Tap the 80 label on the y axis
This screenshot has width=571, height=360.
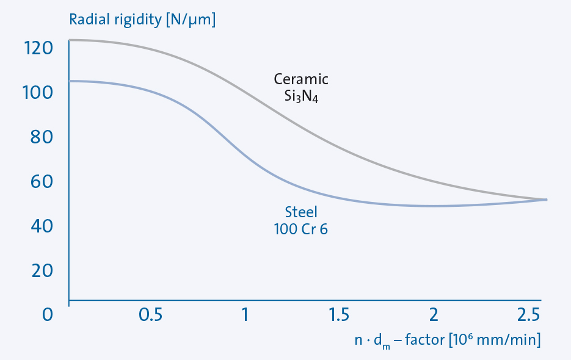(x=43, y=137)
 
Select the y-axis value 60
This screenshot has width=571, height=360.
(x=43, y=181)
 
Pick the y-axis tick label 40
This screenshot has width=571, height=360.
(x=43, y=226)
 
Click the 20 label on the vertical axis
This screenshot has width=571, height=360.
(x=43, y=270)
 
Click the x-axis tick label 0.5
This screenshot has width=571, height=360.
(x=151, y=315)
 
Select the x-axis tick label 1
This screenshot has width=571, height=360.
(x=245, y=315)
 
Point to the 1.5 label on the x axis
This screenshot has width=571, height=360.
(x=340, y=315)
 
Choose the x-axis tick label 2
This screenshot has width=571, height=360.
(x=434, y=315)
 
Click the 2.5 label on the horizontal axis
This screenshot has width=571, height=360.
(x=527, y=315)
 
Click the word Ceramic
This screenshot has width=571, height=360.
(x=301, y=79)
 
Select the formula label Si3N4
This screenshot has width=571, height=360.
(x=301, y=96)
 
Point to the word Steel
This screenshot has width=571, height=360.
(x=302, y=212)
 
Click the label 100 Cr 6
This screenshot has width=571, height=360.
(x=302, y=229)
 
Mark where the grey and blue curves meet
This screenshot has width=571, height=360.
(x=544, y=200)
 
